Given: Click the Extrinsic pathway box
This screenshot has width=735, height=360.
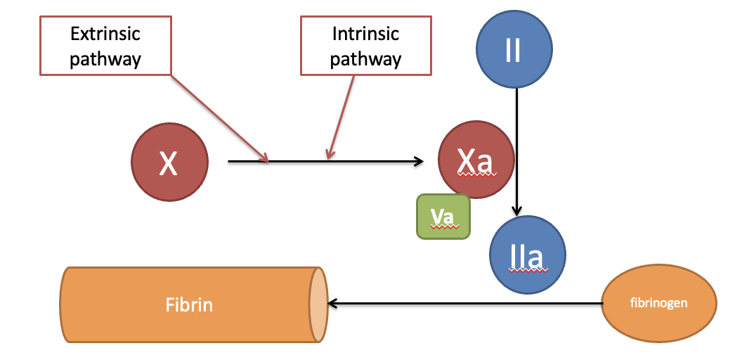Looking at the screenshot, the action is tap(105, 46).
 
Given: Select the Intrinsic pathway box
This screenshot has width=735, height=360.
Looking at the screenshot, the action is tap(365, 46).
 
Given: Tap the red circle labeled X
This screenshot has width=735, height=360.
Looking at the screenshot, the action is tap(169, 162).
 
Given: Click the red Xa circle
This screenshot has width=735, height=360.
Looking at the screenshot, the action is tap(476, 160).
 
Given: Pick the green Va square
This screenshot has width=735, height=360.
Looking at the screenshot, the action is tap(443, 217).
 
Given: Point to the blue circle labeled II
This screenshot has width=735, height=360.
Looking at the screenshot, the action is tap(514, 49).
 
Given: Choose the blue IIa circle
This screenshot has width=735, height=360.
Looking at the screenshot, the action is tap(528, 254).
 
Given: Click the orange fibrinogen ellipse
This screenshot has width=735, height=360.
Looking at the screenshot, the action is tap(659, 302).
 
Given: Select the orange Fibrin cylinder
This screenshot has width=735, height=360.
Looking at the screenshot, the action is tap(193, 304).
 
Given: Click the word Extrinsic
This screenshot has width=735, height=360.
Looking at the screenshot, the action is tap(105, 34).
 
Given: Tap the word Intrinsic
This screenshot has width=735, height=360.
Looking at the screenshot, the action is tap(365, 34).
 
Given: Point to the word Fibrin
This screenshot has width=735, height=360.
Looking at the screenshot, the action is tap(190, 305).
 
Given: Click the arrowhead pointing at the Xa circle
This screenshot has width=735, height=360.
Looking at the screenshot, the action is tap(419, 162).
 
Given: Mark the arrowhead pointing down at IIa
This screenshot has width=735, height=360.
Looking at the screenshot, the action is tap(516, 211).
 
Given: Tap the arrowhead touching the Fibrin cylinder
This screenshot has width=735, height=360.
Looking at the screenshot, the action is tap(332, 304).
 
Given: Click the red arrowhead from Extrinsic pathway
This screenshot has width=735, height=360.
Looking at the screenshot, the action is tap(264, 158).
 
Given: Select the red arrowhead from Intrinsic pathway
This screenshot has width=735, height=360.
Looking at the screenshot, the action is tap(330, 154).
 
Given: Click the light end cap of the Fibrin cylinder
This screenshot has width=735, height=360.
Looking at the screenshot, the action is tap(318, 304).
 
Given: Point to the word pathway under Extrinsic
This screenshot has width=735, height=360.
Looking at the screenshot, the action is tap(105, 60).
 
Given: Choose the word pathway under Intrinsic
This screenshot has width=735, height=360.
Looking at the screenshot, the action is tap(365, 60).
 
